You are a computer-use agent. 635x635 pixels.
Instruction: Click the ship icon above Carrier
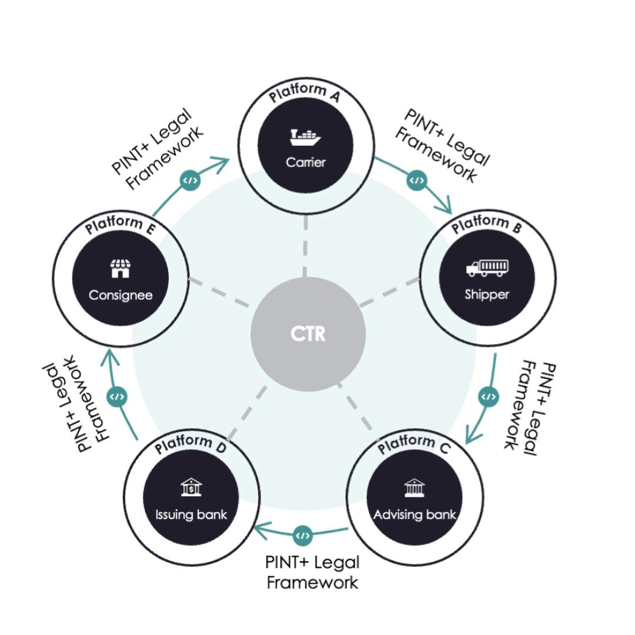tap(305, 138)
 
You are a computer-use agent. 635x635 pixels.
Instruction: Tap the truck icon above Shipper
tap(487, 269)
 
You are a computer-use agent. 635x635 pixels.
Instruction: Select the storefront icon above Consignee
tap(120, 269)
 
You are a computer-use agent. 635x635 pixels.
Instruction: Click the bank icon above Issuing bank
tap(190, 487)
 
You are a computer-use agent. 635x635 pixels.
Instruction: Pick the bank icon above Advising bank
tap(415, 487)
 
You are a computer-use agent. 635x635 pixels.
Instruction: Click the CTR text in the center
tap(308, 334)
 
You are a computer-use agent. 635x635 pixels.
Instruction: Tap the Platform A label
tap(305, 93)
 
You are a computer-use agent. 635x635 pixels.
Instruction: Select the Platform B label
tap(486, 224)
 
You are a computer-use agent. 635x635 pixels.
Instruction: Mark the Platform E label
tap(119, 225)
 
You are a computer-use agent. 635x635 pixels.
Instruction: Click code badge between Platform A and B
tap(416, 180)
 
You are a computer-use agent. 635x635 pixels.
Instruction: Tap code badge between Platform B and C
tap(488, 397)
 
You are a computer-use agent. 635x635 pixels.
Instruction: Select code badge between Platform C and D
tap(303, 535)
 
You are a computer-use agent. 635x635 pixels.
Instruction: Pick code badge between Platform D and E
tap(117, 397)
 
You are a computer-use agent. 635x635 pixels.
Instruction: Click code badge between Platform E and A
tap(189, 181)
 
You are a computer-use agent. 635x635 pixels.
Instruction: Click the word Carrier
tap(305, 162)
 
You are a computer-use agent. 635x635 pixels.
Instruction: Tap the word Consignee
tap(121, 295)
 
